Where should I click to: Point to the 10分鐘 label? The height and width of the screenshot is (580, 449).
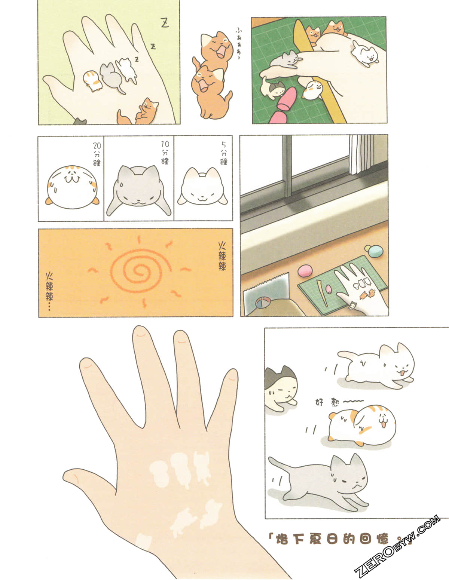[x=165, y=152]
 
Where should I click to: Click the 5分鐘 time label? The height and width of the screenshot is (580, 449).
[x=224, y=153]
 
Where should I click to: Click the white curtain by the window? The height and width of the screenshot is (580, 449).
[x=361, y=153]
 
